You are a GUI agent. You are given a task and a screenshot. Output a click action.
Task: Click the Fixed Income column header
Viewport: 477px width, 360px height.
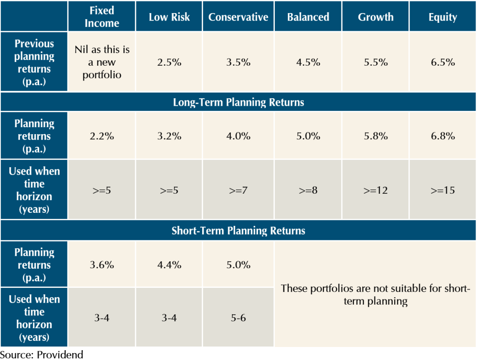102,17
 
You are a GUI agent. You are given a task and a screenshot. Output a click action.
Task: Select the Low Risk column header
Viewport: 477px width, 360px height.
169,17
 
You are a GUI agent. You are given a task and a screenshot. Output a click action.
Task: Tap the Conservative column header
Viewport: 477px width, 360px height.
238,17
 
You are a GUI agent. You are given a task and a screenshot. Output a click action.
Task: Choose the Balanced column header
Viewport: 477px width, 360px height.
308,17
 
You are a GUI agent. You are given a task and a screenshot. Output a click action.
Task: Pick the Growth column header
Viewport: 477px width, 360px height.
375,17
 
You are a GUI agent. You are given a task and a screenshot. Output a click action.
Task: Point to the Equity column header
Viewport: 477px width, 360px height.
443,17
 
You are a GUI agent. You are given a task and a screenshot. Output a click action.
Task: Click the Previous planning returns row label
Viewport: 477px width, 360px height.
34,62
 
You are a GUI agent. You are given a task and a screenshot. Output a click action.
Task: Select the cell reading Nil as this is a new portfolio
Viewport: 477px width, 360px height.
102,62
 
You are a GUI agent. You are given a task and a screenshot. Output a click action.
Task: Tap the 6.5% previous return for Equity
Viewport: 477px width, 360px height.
443,62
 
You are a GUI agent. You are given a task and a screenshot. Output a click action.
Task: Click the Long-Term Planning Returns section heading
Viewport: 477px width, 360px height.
238,102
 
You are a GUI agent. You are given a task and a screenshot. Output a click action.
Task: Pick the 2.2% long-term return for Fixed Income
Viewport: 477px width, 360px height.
102,136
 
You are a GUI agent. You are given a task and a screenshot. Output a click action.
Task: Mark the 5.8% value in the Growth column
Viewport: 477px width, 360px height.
375,136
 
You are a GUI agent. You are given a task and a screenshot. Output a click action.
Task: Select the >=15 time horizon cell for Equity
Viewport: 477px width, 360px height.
443,190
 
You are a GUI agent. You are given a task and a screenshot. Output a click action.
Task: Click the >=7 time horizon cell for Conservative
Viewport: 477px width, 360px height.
238,190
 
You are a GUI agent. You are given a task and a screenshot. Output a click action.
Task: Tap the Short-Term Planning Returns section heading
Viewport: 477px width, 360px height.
238,231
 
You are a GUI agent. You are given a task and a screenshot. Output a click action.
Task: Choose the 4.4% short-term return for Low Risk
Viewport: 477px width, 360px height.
169,265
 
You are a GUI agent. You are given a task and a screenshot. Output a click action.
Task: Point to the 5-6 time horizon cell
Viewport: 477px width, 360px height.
238,318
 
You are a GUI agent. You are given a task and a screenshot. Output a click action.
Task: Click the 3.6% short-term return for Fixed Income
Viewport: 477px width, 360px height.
102,265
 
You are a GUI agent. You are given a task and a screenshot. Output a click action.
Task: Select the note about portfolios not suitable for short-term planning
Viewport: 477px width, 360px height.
375,294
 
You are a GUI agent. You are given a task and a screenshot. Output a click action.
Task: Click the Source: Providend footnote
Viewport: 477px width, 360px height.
41,354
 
